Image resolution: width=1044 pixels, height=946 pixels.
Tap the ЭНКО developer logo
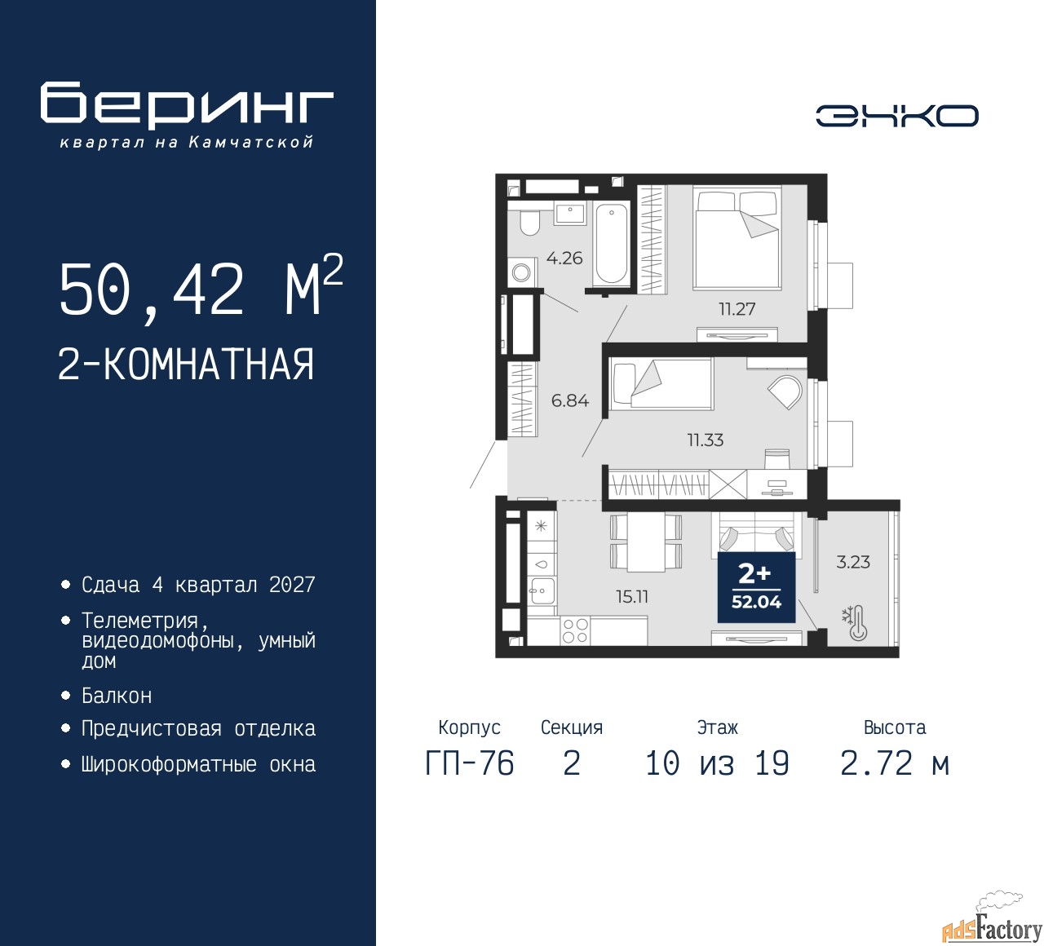(896, 116)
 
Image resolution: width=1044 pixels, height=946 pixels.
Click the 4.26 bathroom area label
(564, 258)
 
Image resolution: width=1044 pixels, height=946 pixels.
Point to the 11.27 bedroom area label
(737, 309)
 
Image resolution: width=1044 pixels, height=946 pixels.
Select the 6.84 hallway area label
(570, 400)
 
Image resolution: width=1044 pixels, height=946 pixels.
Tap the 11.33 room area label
(706, 440)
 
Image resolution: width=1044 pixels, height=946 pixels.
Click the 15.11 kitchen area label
(632, 596)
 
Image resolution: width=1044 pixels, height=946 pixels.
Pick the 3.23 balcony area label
(853, 562)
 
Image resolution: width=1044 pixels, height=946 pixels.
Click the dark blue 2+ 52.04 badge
(756, 587)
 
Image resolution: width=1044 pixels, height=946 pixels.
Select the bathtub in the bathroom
(612, 244)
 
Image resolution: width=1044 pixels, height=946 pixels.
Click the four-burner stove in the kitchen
(575, 630)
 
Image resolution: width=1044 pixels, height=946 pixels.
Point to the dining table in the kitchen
(646, 542)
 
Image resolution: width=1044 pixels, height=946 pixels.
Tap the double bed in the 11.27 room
(737, 238)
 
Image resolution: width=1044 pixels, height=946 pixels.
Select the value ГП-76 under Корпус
(470, 763)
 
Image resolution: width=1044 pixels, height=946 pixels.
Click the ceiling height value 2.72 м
(895, 763)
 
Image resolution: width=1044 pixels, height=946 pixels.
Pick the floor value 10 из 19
(717, 763)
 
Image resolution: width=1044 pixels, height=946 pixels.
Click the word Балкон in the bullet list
(117, 696)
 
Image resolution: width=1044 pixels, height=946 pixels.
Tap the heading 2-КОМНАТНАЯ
(186, 365)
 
